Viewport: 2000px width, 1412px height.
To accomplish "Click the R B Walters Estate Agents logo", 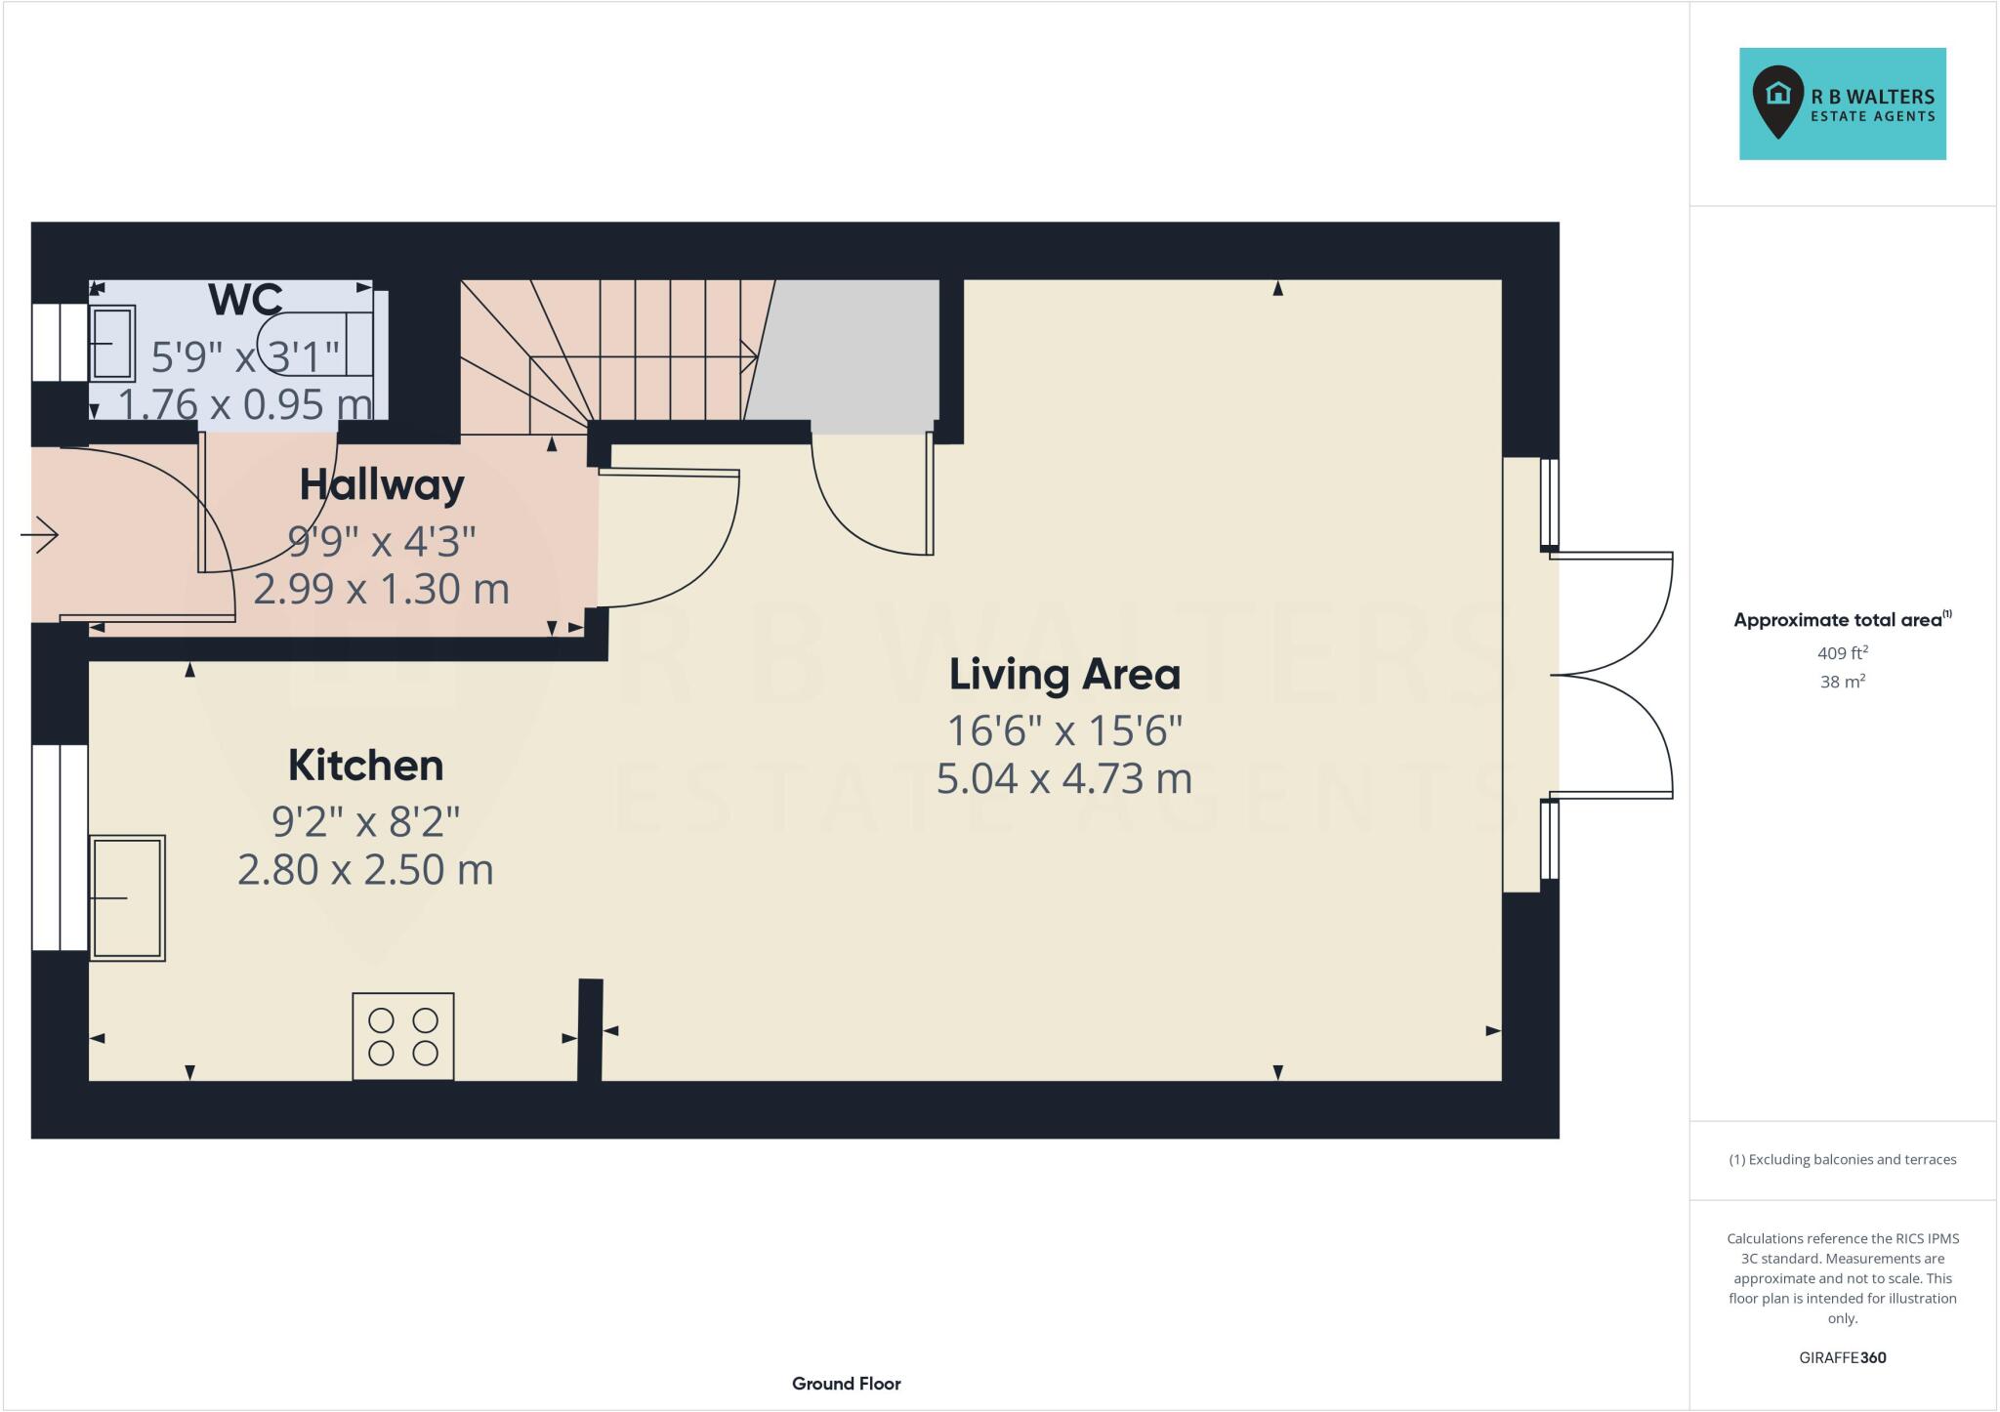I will pyautogui.click(x=1842, y=104).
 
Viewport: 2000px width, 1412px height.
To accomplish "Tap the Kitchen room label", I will pyautogui.click(x=365, y=766).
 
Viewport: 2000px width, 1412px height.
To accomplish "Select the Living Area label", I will pyautogui.click(x=1064, y=675).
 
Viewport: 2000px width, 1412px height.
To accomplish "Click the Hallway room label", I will pyautogui.click(x=381, y=484).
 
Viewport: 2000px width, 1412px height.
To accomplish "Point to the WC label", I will pyautogui.click(x=245, y=300).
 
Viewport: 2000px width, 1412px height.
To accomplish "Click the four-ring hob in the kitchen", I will pyautogui.click(x=402, y=1036).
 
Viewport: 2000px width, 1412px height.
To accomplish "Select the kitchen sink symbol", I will pyautogui.click(x=127, y=897).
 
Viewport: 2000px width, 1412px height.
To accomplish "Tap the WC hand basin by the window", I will pyautogui.click(x=112, y=343).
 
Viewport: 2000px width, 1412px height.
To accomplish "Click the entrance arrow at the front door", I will pyautogui.click(x=41, y=534).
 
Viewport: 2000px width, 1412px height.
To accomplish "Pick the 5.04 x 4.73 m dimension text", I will pyautogui.click(x=1064, y=779).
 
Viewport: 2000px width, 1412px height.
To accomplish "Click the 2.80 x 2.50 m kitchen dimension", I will pyautogui.click(x=365, y=870).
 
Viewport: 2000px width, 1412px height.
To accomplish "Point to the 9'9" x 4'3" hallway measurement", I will pyautogui.click(x=381, y=540).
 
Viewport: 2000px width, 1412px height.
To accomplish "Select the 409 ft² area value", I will pyautogui.click(x=1842, y=653).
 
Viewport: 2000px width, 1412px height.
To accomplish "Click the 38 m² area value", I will pyautogui.click(x=1842, y=682).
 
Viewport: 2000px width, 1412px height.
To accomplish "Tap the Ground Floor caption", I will pyautogui.click(x=846, y=1384).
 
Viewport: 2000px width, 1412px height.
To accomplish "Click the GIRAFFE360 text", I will pyautogui.click(x=1842, y=1357).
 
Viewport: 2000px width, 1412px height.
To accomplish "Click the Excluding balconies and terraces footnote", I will pyautogui.click(x=1842, y=1160).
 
